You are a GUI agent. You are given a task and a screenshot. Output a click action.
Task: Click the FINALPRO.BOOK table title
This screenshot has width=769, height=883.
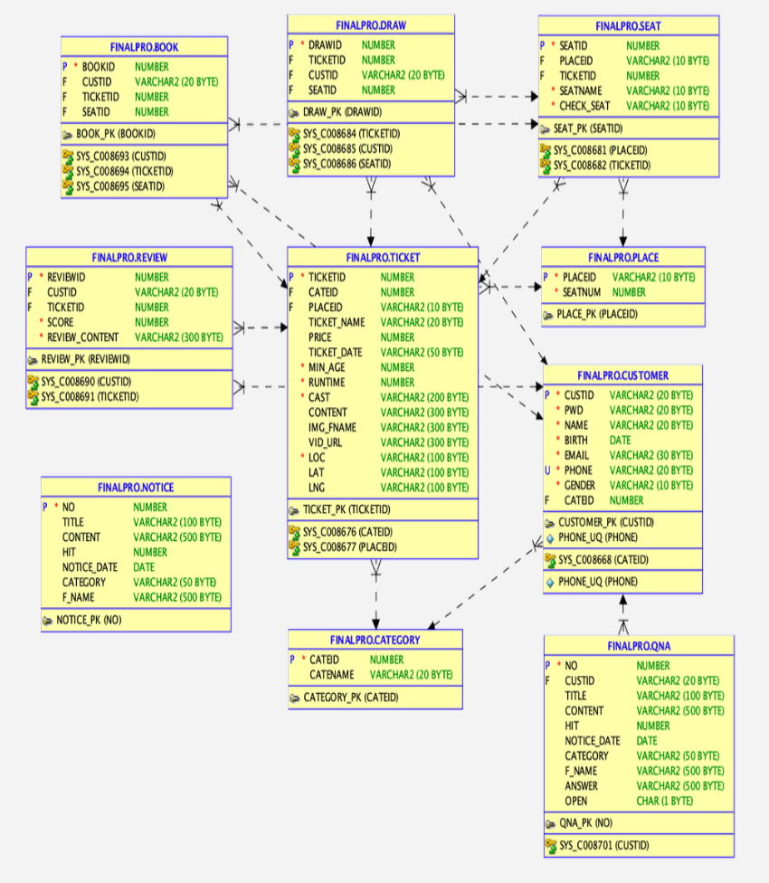[x=144, y=45]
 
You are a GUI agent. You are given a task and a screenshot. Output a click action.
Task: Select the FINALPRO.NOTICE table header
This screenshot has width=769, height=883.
[x=136, y=487]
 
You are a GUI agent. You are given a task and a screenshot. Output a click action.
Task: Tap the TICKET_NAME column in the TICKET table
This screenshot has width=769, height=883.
[x=337, y=322]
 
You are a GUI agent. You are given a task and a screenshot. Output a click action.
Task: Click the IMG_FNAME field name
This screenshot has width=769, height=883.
[x=332, y=427]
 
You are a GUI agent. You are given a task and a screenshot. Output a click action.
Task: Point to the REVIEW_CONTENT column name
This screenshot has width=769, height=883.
[x=83, y=337]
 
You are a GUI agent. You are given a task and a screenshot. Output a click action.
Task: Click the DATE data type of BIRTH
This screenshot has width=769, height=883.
[x=620, y=440]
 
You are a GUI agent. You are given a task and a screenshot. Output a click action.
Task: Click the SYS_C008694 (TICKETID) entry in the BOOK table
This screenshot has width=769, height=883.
[x=125, y=171]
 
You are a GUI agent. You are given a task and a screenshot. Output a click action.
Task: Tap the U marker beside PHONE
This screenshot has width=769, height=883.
[x=546, y=470]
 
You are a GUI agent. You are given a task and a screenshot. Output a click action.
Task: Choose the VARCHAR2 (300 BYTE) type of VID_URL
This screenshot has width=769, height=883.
[x=424, y=442]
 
